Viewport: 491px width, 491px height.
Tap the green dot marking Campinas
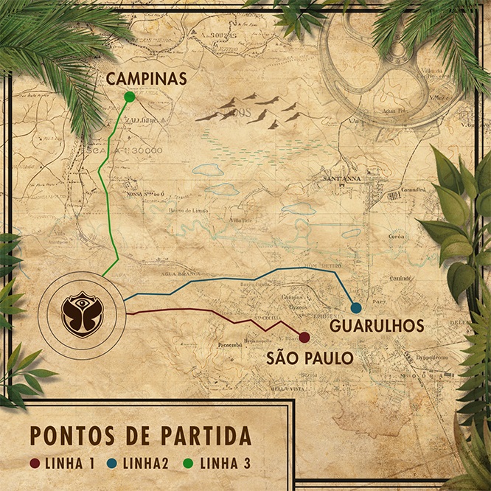click(130, 97)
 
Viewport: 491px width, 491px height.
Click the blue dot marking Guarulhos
click(356, 307)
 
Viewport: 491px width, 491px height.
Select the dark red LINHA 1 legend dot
click(33, 464)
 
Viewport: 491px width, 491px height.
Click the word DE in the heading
click(133, 436)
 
